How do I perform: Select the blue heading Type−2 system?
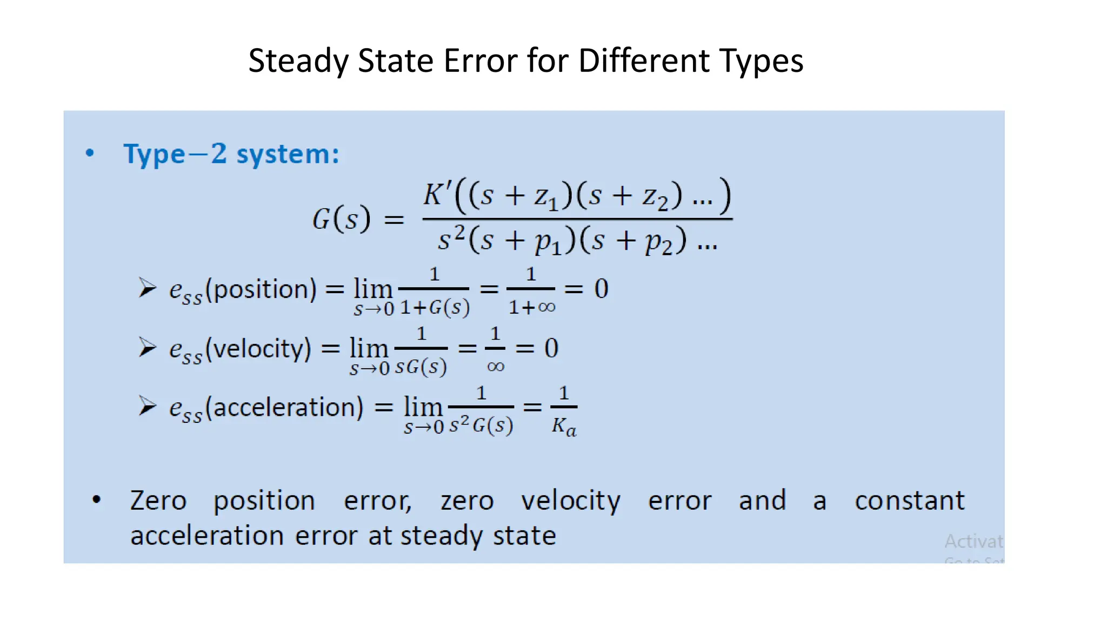point(231,154)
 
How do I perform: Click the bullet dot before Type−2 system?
point(90,153)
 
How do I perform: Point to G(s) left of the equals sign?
point(342,219)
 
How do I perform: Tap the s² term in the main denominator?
point(451,240)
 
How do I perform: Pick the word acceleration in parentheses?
point(288,407)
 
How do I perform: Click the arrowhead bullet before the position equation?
point(147,288)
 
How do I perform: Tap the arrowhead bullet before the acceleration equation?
point(147,406)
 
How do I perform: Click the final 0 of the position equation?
point(601,289)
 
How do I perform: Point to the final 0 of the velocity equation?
point(551,348)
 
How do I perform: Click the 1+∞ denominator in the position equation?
point(532,308)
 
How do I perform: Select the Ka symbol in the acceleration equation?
point(564,427)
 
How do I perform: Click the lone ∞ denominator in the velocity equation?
point(495,367)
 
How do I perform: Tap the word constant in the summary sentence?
point(909,501)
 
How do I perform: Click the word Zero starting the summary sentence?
point(158,501)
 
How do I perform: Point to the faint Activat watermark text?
point(973,541)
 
